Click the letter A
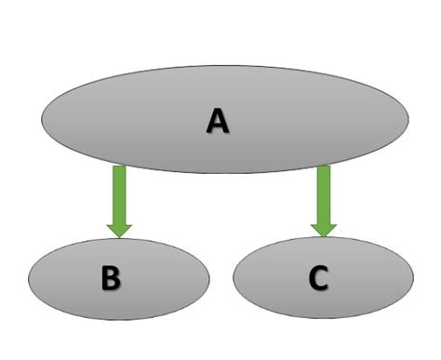pyautogui.click(x=217, y=120)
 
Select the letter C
pyautogui.click(x=318, y=279)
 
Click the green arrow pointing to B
pyautogui.click(x=119, y=201)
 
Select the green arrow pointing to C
pyautogui.click(x=323, y=201)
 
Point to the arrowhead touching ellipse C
pyautogui.click(x=323, y=227)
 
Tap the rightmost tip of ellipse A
pyautogui.click(x=408, y=119)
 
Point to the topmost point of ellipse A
pyautogui.click(x=225, y=66)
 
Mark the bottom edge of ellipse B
pyautogui.click(x=119, y=319)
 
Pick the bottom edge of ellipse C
pyautogui.click(x=323, y=318)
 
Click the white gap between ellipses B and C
pyautogui.click(x=221, y=279)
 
